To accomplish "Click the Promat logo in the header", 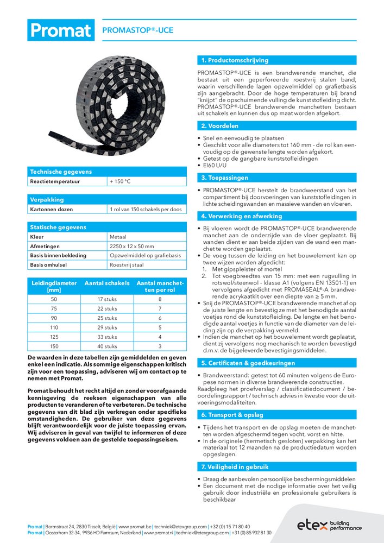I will coord(60,30).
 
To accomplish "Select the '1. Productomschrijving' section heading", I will coord(235,60).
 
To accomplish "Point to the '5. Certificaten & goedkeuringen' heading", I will coord(248,363).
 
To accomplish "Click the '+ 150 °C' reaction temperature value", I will coord(120,181).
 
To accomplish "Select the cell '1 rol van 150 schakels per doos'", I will coord(145,209).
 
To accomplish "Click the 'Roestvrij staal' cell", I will coord(127,264).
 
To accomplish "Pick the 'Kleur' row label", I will coord(37,237).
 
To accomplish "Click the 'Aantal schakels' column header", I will coord(107,283).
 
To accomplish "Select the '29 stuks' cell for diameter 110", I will coord(107,327).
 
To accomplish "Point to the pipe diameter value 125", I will coord(54,337).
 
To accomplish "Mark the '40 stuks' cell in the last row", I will coord(107,346).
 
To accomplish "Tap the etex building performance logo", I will coord(329,524).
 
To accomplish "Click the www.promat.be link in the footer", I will coord(130,527).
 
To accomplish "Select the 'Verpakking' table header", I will coord(47,199).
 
